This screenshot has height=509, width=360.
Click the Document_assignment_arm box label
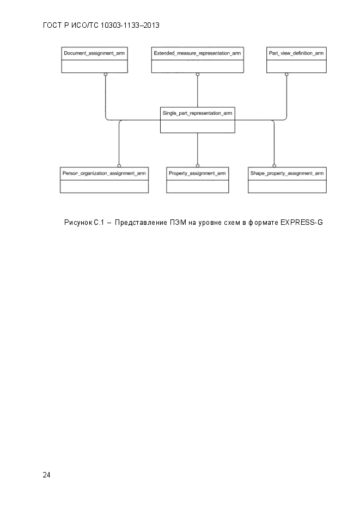pyautogui.click(x=94, y=53)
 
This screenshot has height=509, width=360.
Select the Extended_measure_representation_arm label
pyautogui.click(x=197, y=53)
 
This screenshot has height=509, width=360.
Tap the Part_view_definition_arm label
pyautogui.click(x=296, y=53)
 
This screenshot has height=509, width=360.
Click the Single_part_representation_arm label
pyautogui.click(x=197, y=113)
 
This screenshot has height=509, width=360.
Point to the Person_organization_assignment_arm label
pyautogui.click(x=104, y=173)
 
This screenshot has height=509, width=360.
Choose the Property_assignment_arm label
pyautogui.click(x=197, y=173)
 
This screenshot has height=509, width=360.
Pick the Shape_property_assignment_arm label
pyautogui.click(x=287, y=173)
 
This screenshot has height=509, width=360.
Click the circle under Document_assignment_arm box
pyautogui.click(x=106, y=75)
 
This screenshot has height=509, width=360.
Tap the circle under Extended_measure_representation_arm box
pyautogui.click(x=198, y=75)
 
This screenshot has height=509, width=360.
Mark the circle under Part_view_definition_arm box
pyautogui.click(x=286, y=75)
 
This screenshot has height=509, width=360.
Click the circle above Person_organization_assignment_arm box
pyautogui.click(x=119, y=165)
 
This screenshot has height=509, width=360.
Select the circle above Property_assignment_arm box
pyautogui.click(x=198, y=165)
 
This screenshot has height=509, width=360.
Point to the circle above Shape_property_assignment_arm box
pyautogui.click(x=274, y=165)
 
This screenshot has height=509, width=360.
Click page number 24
pyautogui.click(x=46, y=475)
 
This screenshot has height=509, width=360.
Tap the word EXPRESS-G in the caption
pyautogui.click(x=302, y=222)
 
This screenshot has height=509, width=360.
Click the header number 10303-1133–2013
pyautogui.click(x=130, y=26)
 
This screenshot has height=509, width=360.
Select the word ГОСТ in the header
pyautogui.click(x=52, y=26)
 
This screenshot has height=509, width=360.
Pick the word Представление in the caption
pyautogui.click(x=141, y=222)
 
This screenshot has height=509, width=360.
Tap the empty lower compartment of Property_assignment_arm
pyautogui.click(x=198, y=186)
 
